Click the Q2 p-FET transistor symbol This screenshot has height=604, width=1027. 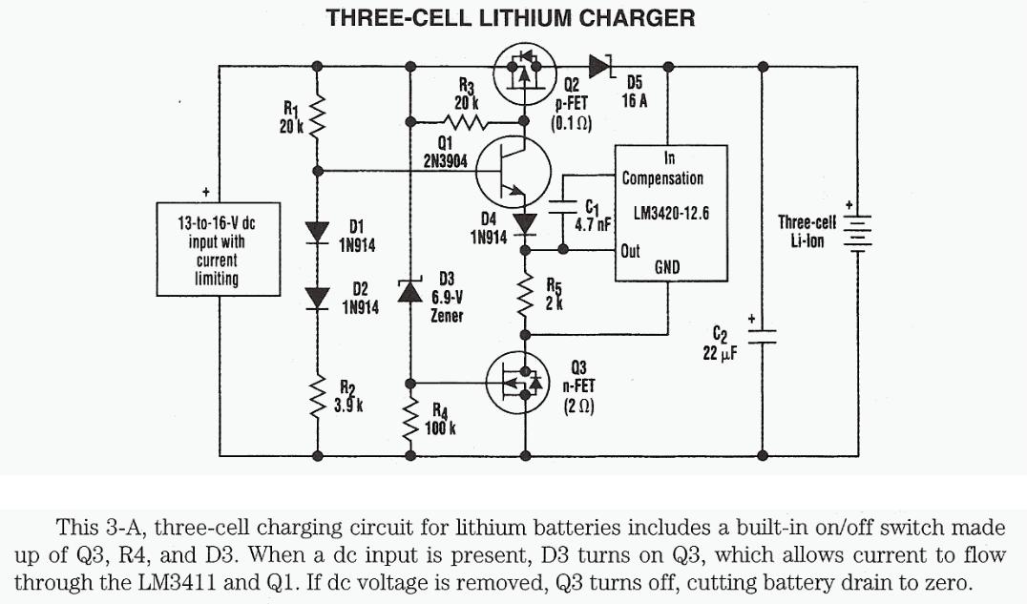[524, 73]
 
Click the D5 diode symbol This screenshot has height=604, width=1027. [600, 66]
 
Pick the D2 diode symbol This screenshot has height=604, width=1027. [317, 297]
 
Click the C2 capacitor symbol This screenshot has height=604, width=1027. [763, 335]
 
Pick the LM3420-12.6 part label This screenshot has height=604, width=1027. [671, 214]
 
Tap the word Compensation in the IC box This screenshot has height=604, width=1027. [662, 177]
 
